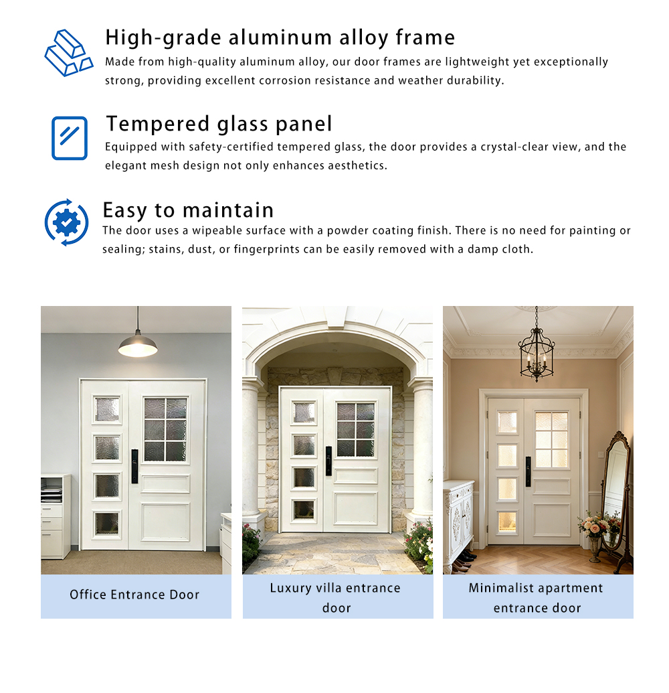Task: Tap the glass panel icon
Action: (x=70, y=138)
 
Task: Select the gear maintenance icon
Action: (x=66, y=222)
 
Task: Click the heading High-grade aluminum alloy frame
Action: (x=280, y=37)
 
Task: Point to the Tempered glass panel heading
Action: (x=219, y=124)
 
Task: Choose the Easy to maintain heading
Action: (x=188, y=210)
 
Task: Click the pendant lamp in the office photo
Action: (x=138, y=343)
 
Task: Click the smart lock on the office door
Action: (x=134, y=466)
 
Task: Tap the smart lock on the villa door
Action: (x=328, y=461)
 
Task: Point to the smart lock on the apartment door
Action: (x=528, y=471)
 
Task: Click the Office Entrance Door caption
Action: (x=134, y=595)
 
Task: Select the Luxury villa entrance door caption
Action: (x=336, y=597)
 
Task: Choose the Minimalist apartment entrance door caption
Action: (x=536, y=597)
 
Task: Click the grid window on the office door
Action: (x=165, y=429)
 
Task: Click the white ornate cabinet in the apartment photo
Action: (x=458, y=519)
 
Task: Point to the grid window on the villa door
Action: (x=356, y=429)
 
